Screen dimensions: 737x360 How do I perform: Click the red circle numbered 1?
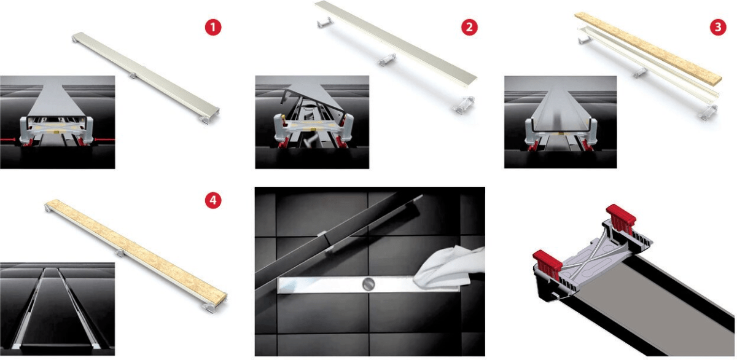213,27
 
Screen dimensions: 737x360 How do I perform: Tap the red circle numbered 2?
469,27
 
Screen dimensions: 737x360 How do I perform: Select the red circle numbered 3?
718,27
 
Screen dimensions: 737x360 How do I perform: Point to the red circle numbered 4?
213,200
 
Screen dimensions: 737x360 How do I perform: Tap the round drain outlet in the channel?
368,284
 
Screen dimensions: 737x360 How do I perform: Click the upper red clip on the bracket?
621,218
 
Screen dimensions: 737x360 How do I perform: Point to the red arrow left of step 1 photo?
8,140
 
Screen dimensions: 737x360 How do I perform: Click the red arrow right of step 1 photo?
105,139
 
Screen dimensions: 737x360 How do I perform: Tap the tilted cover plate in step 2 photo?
313,97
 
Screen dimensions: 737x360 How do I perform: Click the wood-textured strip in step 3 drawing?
648,49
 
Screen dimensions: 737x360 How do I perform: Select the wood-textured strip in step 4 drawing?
136,251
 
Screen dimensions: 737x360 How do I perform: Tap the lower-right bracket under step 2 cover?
464,104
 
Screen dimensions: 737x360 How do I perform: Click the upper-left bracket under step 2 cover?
324,22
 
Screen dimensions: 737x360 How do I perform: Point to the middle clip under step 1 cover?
132,76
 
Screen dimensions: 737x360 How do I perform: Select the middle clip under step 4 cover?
120,252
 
